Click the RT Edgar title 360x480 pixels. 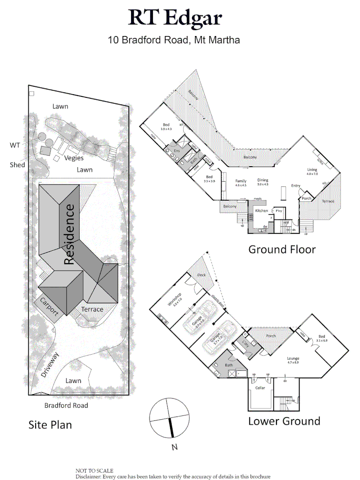pyautogui.click(x=175, y=18)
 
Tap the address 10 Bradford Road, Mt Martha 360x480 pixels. pyautogui.click(x=174, y=40)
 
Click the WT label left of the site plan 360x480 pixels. pyautogui.click(x=15, y=145)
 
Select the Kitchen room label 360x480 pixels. pyautogui.click(x=261, y=211)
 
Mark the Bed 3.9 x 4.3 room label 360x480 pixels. pyautogui.click(x=166, y=127)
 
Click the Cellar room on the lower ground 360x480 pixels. pyautogui.click(x=260, y=388)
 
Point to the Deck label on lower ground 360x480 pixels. pyautogui.click(x=201, y=275)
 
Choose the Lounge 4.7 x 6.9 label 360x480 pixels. pyautogui.click(x=293, y=360)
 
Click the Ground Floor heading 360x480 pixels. pyautogui.click(x=282, y=249)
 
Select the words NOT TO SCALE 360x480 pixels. pyautogui.click(x=94, y=471)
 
